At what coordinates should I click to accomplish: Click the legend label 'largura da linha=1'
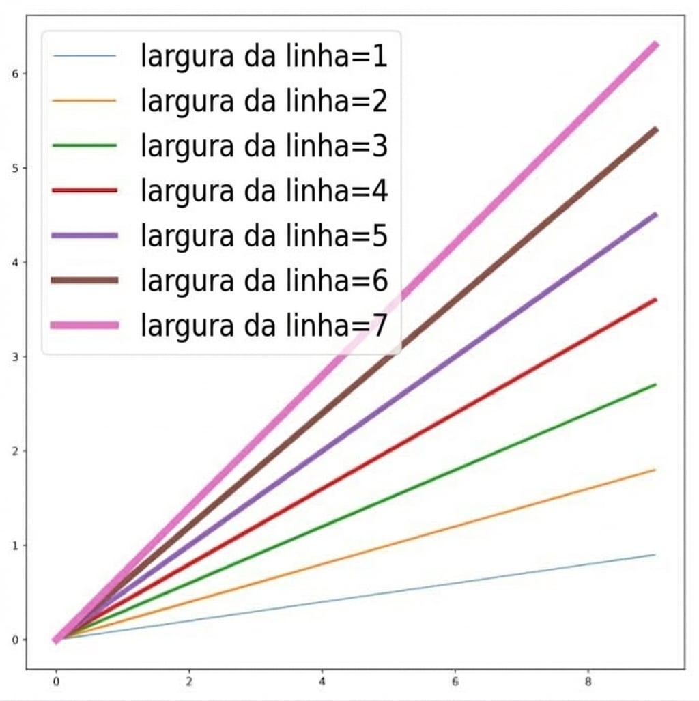(x=264, y=56)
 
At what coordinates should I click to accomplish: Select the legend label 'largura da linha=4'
(x=264, y=190)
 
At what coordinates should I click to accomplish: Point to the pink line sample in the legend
(x=85, y=326)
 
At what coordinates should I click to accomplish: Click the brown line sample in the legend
(x=85, y=281)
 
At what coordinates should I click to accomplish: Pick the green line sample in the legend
(x=85, y=146)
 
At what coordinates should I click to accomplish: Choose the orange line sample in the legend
(x=85, y=101)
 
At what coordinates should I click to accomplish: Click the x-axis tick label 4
(x=322, y=681)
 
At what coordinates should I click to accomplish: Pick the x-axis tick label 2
(x=189, y=681)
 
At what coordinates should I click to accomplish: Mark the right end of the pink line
(x=655, y=45)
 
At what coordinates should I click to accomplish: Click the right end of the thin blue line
(x=655, y=555)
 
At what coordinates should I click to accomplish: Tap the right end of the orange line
(x=655, y=470)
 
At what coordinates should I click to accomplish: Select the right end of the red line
(x=655, y=300)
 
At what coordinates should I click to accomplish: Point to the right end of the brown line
(x=655, y=129)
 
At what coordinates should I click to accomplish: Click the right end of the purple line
(x=655, y=214)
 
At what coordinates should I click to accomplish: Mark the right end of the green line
(x=655, y=384)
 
